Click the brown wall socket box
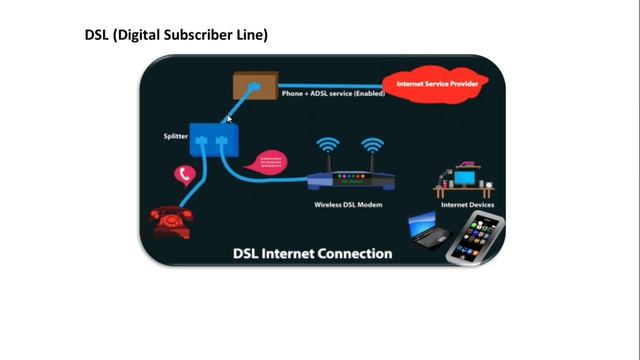click(255, 87)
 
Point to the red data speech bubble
click(272, 161)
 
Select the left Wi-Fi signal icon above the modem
click(327, 146)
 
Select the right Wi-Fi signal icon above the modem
click(372, 146)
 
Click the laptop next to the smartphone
click(430, 231)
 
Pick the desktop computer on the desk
click(464, 177)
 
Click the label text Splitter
click(176, 136)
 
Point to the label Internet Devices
click(467, 205)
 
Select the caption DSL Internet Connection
click(312, 253)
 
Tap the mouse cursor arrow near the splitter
click(229, 119)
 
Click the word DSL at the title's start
click(97, 35)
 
